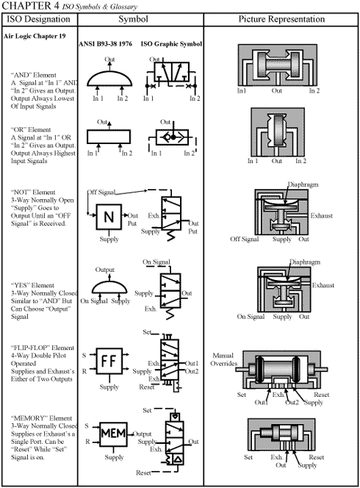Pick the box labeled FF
pos(109,361)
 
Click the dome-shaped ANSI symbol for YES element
pos(109,286)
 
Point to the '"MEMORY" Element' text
pos(41,418)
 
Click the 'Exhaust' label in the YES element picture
pos(323,284)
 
